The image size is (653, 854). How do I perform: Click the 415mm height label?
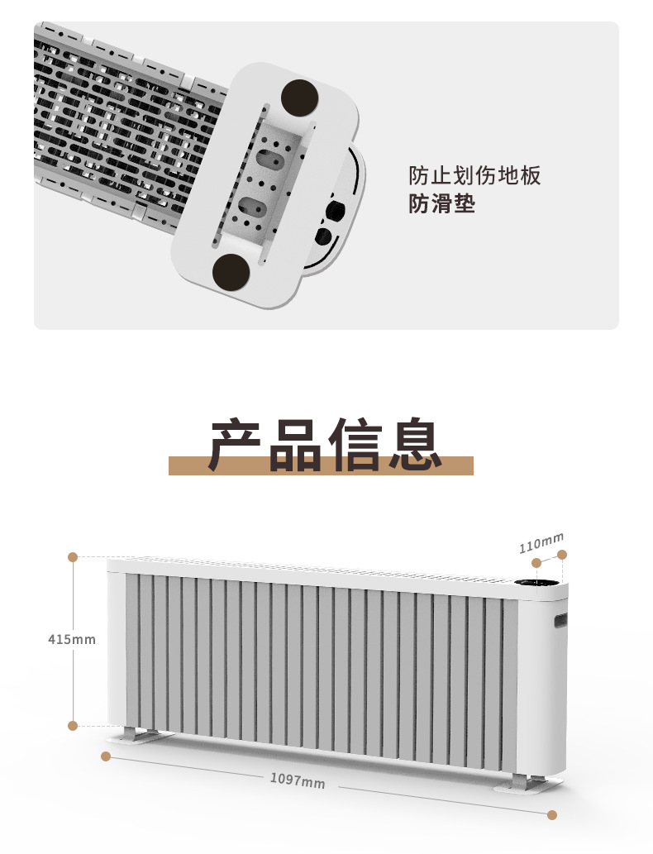(71, 639)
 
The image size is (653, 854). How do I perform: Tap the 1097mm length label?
(298, 780)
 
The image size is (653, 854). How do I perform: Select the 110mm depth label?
(541, 543)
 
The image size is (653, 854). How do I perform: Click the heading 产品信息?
(325, 444)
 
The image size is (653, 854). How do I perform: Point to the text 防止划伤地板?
(474, 176)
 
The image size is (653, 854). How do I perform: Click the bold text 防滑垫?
(441, 203)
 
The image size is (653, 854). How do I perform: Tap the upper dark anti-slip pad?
(300, 98)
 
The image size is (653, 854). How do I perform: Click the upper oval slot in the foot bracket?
(269, 159)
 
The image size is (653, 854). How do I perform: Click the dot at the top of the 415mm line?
(73, 556)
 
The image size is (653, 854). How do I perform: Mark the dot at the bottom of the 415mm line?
(73, 726)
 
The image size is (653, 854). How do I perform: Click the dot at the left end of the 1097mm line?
(106, 756)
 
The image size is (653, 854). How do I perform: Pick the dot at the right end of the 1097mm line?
(551, 815)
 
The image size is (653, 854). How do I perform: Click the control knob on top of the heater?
(536, 584)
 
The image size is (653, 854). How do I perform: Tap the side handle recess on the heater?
(560, 620)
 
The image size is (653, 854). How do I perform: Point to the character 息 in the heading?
(414, 444)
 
